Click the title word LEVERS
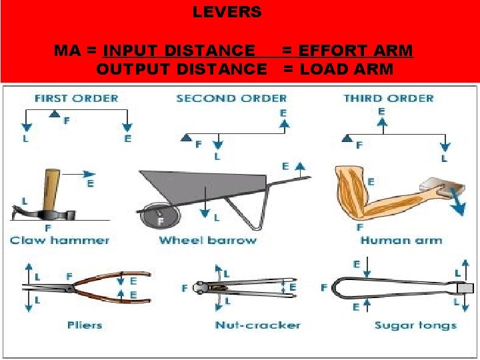227,12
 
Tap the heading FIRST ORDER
76,98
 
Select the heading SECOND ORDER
231,98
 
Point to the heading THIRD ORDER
389,98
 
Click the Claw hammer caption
59,240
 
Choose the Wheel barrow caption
208,240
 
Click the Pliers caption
85,325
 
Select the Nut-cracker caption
257,325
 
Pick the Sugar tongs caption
415,325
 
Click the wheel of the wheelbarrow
159,217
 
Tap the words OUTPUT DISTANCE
181,69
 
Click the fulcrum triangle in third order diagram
347,139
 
